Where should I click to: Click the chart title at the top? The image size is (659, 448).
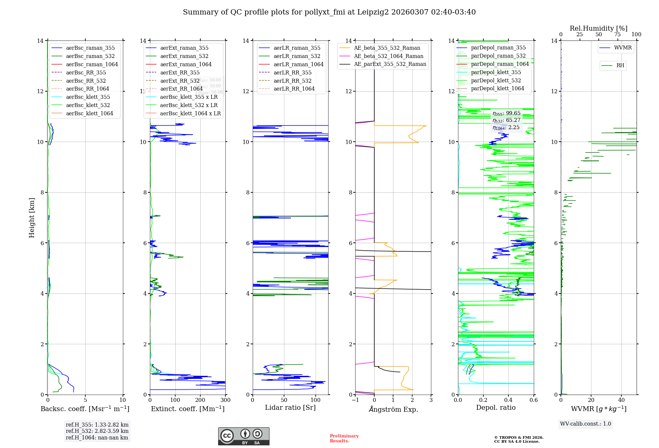coord(329,12)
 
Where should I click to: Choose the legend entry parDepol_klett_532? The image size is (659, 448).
coord(496,81)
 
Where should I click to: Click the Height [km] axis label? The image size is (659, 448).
coord(32,217)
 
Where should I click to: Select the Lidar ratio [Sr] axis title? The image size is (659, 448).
coord(290,408)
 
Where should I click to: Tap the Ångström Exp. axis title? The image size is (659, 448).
coord(393,409)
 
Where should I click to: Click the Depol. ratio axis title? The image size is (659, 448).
coord(496,408)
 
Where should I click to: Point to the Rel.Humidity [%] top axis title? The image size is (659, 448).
coord(598,29)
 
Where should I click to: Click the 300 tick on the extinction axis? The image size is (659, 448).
coord(225,400)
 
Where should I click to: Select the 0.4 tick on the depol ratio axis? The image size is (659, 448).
coord(508,400)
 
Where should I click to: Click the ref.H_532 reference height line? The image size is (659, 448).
coord(97,431)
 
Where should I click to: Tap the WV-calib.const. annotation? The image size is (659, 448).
coord(586,424)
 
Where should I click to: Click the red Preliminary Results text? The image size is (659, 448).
coord(344,438)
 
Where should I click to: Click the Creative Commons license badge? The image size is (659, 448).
coord(244,436)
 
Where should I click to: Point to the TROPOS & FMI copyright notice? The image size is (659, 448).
coord(519,439)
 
